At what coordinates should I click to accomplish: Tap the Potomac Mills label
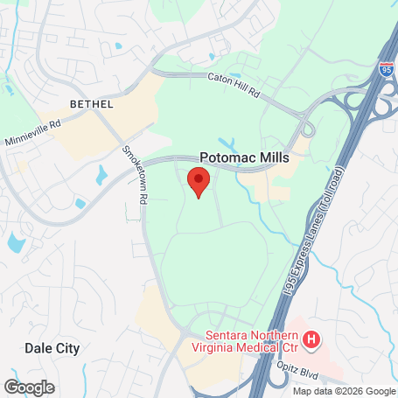coord(244,157)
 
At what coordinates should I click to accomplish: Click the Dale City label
coord(52,348)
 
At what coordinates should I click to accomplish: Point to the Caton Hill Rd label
coord(234,84)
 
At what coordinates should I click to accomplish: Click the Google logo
coord(29,387)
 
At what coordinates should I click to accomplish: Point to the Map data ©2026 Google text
coord(344,390)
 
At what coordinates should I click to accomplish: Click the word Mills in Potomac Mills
coord(271,157)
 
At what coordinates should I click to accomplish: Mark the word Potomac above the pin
coord(226,157)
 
